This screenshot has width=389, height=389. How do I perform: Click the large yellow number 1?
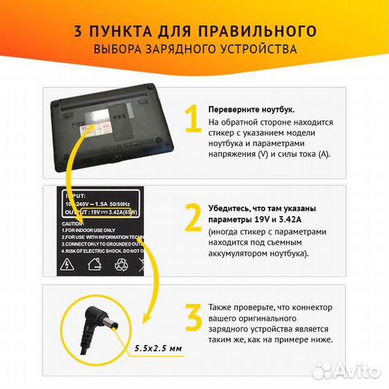192,120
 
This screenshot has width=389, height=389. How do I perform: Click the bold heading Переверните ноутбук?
251,109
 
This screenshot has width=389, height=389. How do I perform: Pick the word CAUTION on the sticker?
76,223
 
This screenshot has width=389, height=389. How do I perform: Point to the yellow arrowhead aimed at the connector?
146,317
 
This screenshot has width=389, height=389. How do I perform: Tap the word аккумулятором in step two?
243,254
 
